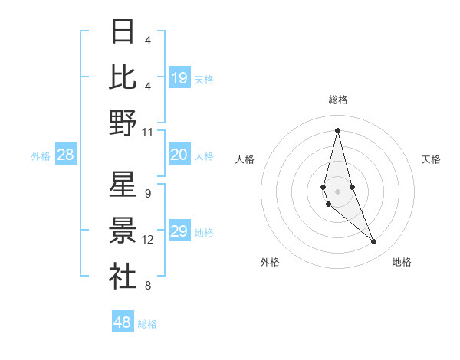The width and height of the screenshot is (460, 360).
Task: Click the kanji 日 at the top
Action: pyautogui.click(x=123, y=32)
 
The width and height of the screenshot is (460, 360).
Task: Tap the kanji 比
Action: pyautogui.click(x=123, y=77)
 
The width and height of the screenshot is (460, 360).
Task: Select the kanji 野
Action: pyautogui.click(x=123, y=123)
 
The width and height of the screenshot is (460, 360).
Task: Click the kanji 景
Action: pyautogui.click(x=123, y=231)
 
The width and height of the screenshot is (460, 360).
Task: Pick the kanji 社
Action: pyautogui.click(x=123, y=276)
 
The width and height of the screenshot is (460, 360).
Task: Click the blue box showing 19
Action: pyautogui.click(x=179, y=77)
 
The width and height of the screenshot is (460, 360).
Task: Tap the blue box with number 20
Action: pyautogui.click(x=179, y=155)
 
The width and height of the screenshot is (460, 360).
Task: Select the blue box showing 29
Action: pyautogui.click(x=179, y=232)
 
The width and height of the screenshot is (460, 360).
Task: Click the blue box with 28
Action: pyautogui.click(x=66, y=155)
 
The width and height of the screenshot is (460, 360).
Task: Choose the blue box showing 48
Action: pyautogui.click(x=123, y=322)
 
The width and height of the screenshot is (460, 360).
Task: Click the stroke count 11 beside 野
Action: pyautogui.click(x=148, y=132)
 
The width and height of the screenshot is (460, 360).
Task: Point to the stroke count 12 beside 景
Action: pyautogui.click(x=148, y=240)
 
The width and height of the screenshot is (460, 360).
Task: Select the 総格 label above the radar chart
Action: pyautogui.click(x=338, y=100)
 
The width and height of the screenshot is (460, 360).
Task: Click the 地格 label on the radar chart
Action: pyautogui.click(x=402, y=262)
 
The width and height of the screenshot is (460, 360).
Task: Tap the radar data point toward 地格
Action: pyautogui.click(x=374, y=242)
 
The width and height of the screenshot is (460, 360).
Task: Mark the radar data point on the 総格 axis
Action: pyautogui.click(x=337, y=129)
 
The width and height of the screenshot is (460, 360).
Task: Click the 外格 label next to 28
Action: pyautogui.click(x=41, y=156)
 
